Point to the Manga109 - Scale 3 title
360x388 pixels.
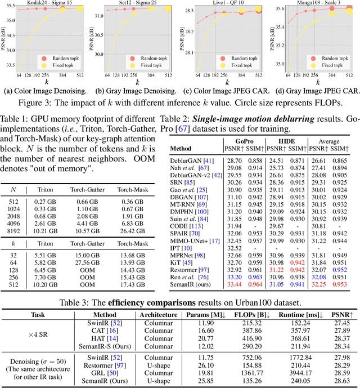point(318,3)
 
